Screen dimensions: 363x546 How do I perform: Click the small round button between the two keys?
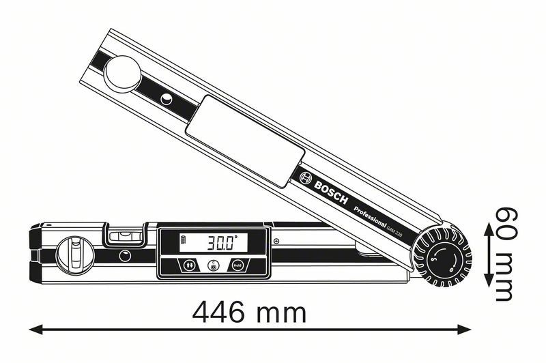[213, 266]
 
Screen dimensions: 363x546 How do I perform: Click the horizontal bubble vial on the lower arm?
[125, 234]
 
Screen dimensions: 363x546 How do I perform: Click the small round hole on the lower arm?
[125, 256]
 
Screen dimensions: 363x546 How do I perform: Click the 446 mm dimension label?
[248, 313]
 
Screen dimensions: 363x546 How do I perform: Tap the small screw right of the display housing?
[277, 241]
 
